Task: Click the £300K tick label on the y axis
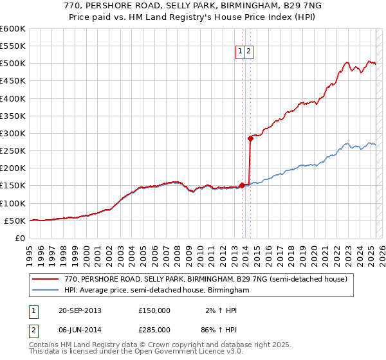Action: [x=13, y=133]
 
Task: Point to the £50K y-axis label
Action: [x=15, y=221]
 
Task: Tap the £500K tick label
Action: [x=13, y=64]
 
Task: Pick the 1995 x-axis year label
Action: [x=30, y=251]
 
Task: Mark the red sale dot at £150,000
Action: [x=242, y=185]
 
